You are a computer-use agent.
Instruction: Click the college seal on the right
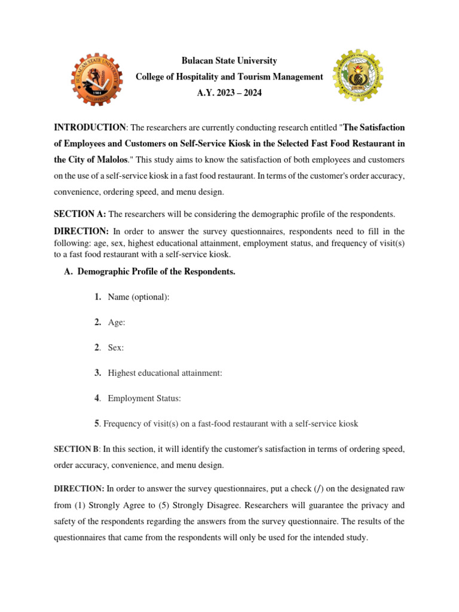pyautogui.click(x=358, y=76)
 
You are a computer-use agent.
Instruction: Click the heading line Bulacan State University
pyautogui.click(x=229, y=61)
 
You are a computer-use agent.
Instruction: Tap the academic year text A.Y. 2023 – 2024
pyautogui.click(x=229, y=93)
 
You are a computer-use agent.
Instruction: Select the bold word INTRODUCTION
pyautogui.click(x=90, y=127)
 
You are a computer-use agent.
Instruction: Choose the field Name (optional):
pyautogui.click(x=139, y=297)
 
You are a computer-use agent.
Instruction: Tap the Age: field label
pyautogui.click(x=117, y=322)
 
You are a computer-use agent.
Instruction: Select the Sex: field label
pyautogui.click(x=116, y=347)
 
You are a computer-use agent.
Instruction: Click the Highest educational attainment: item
pyautogui.click(x=165, y=373)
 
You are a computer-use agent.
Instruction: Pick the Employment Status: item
pyautogui.click(x=144, y=398)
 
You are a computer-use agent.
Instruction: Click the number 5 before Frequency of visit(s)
pyautogui.click(x=97, y=424)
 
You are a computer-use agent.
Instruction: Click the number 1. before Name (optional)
pyautogui.click(x=97, y=297)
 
